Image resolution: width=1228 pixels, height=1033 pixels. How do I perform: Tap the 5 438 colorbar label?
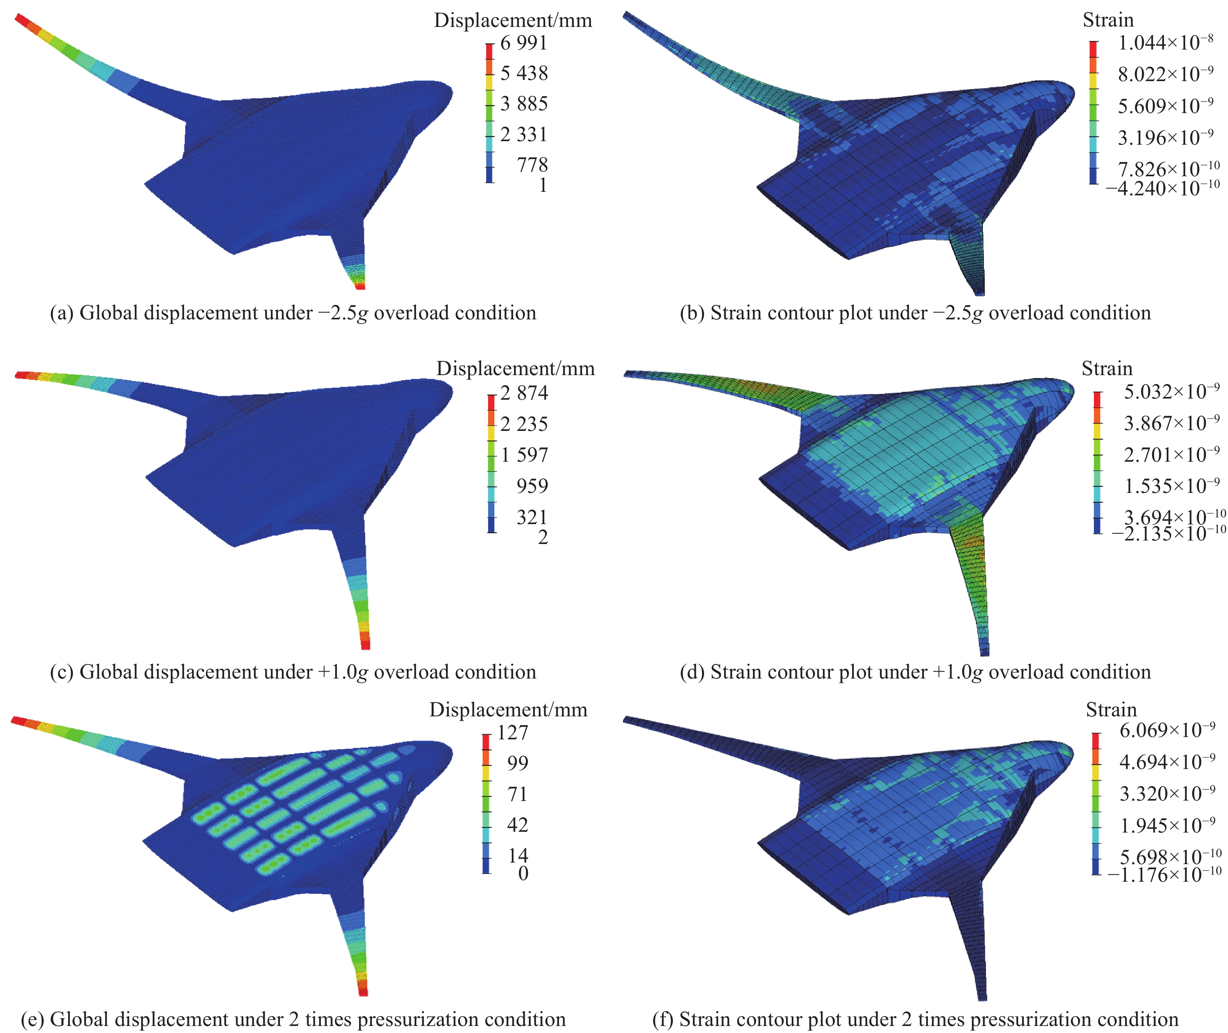tap(524, 73)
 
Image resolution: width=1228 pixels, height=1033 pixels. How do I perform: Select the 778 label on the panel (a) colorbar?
tap(532, 165)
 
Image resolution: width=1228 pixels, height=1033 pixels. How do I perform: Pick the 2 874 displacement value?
tap(524, 393)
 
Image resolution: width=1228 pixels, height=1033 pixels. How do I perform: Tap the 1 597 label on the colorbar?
tap(524, 455)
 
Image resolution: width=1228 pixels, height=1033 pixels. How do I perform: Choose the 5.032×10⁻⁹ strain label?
tap(1171, 392)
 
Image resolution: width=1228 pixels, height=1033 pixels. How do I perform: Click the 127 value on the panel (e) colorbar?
tap(513, 733)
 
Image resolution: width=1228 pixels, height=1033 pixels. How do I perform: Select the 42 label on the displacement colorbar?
tap(517, 825)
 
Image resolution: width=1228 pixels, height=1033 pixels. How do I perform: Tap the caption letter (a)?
tap(62, 313)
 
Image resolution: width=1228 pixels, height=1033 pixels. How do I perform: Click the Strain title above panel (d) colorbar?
tap(1106, 369)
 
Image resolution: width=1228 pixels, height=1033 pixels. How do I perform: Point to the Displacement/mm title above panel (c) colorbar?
tap(515, 369)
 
